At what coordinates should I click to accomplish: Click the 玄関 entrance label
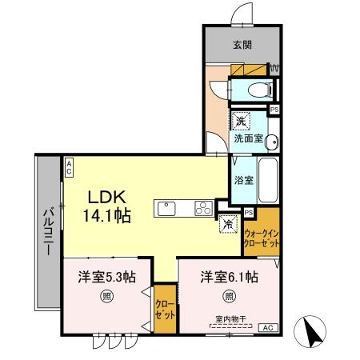(x=241, y=45)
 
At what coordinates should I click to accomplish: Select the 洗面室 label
(x=248, y=138)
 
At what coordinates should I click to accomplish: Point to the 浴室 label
(x=243, y=180)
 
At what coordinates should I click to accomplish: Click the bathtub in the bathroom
(x=268, y=180)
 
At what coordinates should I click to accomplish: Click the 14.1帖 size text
(x=110, y=214)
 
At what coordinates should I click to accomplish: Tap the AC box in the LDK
(x=70, y=166)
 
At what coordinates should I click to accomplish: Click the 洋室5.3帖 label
(x=106, y=278)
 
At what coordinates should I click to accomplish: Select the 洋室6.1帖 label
(x=229, y=278)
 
